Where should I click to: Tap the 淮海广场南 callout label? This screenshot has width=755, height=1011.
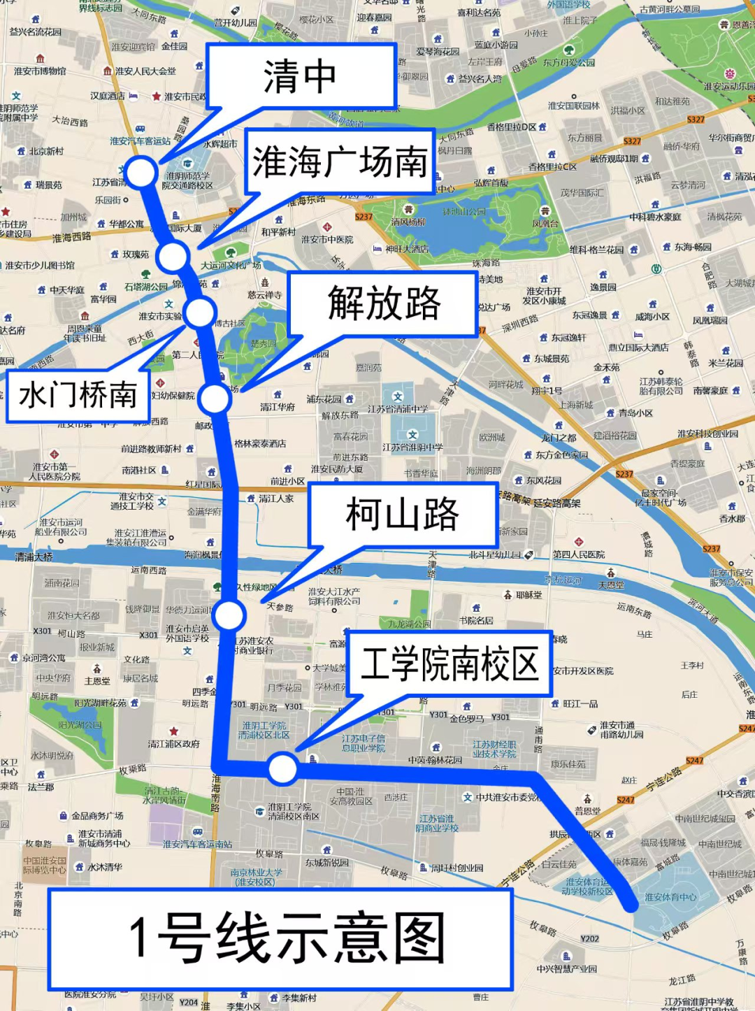[x=340, y=162]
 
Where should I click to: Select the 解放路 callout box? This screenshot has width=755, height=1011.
[x=383, y=303]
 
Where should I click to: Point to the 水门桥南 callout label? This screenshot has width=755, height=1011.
[x=78, y=396]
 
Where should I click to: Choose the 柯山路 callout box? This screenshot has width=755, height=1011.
[x=402, y=515]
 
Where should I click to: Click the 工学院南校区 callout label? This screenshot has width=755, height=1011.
[x=450, y=664]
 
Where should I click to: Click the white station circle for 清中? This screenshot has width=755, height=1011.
[x=141, y=172]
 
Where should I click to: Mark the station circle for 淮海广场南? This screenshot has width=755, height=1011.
[x=173, y=257]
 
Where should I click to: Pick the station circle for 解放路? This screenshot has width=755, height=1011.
[x=214, y=399]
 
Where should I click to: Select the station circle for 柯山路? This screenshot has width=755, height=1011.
[x=229, y=615]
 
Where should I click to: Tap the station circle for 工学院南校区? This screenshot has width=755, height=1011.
[x=282, y=768]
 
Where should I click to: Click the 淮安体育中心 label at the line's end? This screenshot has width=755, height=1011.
[x=670, y=897]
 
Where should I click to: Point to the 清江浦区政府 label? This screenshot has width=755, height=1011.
[x=173, y=744]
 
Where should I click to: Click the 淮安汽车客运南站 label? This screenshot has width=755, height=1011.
[x=197, y=844]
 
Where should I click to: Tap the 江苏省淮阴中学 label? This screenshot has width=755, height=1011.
[x=412, y=447]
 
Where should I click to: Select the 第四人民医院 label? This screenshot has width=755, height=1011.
[x=579, y=554]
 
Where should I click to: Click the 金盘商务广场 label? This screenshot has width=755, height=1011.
[x=97, y=815]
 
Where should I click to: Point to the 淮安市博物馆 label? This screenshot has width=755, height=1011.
[x=40, y=71]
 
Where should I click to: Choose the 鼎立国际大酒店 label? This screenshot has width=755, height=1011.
[x=638, y=347]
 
